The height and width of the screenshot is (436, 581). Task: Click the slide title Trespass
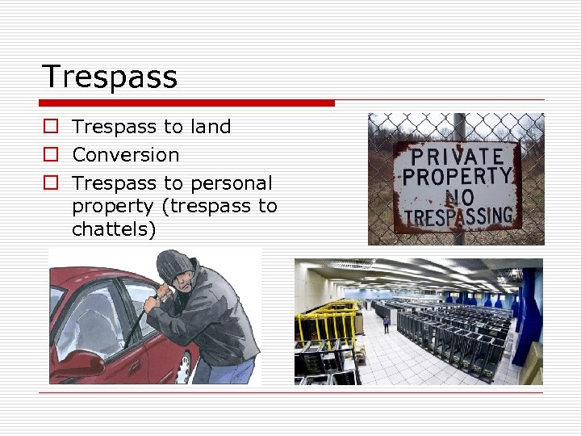pyautogui.click(x=109, y=77)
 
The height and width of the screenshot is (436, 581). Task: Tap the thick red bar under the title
pyautogui.click(x=187, y=103)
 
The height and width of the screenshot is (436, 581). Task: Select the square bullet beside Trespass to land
pyautogui.click(x=51, y=128)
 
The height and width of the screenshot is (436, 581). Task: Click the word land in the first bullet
pyautogui.click(x=211, y=127)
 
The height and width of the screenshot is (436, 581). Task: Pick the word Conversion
pyautogui.click(x=125, y=154)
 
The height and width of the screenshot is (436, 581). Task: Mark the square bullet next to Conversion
pyautogui.click(x=51, y=155)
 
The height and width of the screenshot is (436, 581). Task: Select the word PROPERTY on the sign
pyautogui.click(x=458, y=176)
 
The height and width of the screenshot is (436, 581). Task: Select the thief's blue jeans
pyautogui.click(x=230, y=371)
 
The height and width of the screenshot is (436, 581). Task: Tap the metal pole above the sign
pyautogui.click(x=458, y=127)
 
